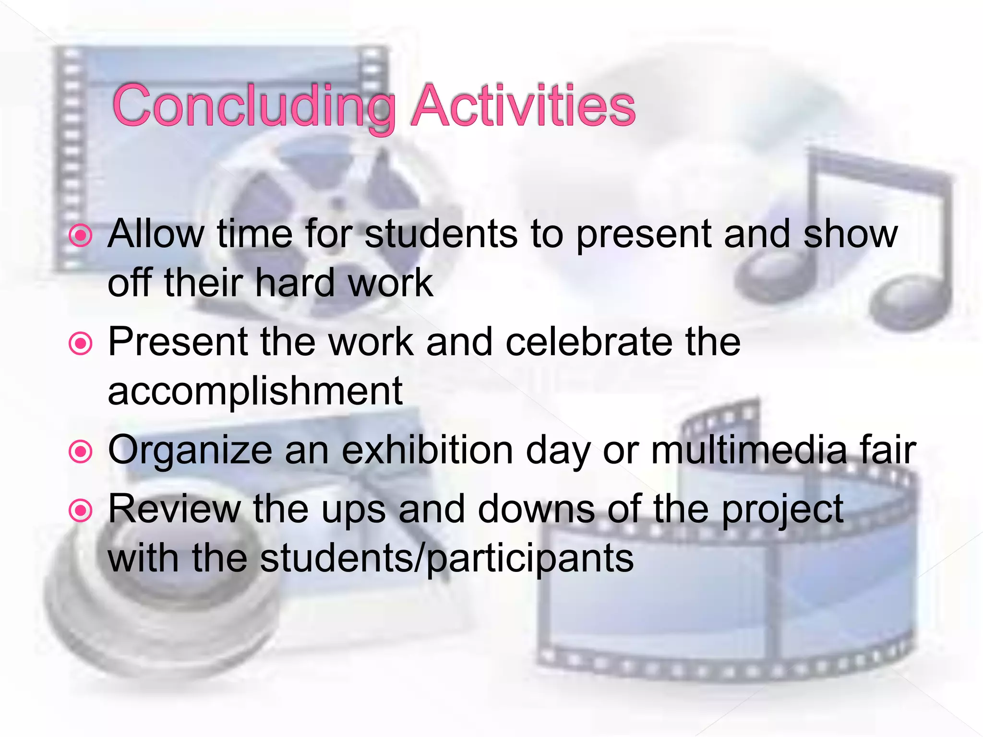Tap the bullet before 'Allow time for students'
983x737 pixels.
[x=80, y=236]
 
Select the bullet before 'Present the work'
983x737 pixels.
[x=80, y=344]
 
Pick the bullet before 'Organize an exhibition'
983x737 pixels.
[x=80, y=452]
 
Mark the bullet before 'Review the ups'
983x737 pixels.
[x=80, y=511]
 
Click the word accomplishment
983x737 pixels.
[x=255, y=391]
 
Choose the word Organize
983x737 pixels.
[x=190, y=451]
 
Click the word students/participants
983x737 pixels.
[x=446, y=559]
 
